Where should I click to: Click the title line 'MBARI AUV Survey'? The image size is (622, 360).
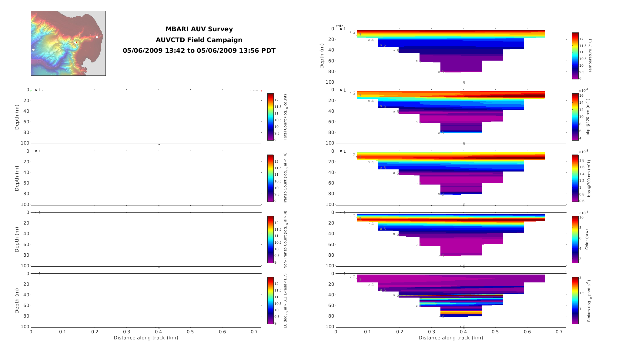click(199, 29)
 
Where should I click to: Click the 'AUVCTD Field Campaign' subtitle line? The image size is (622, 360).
click(199, 40)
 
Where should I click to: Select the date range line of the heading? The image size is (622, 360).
click(199, 51)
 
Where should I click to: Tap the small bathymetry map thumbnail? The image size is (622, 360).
click(68, 43)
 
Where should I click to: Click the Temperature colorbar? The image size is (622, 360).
click(575, 56)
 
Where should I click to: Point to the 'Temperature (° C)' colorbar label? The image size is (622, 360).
click(590, 56)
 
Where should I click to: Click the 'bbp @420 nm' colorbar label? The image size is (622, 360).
click(588, 117)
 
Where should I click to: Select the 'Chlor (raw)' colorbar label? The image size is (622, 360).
click(587, 239)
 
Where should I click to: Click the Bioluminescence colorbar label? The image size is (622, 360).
click(589, 301)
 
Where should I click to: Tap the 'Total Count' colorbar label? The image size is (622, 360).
click(285, 117)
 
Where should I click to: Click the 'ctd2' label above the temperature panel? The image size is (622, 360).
click(339, 26)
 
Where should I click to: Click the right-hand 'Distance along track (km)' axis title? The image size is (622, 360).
click(451, 338)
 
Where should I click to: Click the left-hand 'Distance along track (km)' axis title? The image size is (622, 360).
click(146, 338)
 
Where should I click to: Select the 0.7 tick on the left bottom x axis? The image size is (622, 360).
click(254, 332)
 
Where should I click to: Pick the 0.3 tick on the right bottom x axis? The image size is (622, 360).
click(432, 332)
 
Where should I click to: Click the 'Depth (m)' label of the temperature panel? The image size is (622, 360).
click(322, 56)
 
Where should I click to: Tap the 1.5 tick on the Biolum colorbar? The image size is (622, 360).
click(582, 293)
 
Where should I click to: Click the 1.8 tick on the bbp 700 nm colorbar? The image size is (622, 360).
click(582, 160)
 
